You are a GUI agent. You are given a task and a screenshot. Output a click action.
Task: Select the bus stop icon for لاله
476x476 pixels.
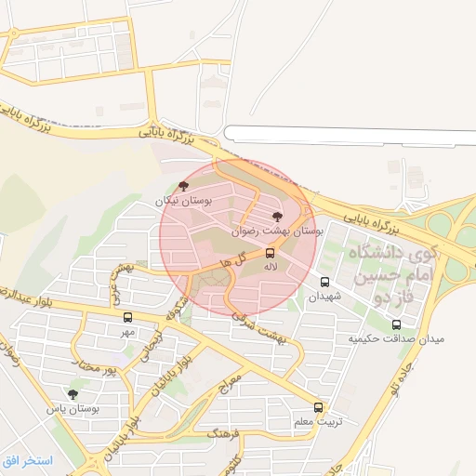pos(271,252)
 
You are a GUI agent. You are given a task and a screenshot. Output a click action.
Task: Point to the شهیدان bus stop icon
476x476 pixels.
pos(324,282)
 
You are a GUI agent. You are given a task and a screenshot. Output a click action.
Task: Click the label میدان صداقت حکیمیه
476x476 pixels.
pos(397,339)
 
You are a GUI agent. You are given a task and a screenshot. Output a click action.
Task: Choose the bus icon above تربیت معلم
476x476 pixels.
pos(319,407)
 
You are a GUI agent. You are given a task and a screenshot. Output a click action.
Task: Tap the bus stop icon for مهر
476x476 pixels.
pos(127,317)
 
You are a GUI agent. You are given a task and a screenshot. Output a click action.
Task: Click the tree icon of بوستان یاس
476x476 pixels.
pos(73,394)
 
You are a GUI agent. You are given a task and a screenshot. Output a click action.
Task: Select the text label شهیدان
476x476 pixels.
pos(325,296)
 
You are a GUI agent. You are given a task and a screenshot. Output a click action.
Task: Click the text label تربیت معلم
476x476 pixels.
pos(319,422)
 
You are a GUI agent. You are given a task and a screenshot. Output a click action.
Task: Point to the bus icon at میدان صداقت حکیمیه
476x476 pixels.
pos(397,324)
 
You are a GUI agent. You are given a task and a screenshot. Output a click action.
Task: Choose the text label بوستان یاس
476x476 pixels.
pos(73,408)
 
